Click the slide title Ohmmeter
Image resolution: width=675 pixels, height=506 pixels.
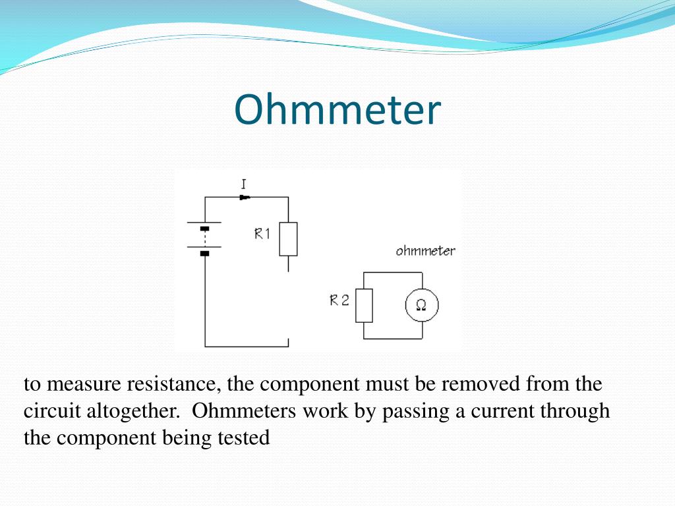click(337, 110)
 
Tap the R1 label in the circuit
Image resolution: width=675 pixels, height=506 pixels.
click(262, 233)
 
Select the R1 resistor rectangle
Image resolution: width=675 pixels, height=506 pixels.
click(288, 239)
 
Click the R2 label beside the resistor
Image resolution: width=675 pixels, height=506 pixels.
click(339, 301)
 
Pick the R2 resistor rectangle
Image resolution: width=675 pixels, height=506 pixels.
click(364, 306)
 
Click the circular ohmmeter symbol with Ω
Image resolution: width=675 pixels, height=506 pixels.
click(421, 306)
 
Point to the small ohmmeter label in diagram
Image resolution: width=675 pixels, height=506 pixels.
click(425, 251)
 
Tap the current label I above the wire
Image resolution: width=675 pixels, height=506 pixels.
click(244, 184)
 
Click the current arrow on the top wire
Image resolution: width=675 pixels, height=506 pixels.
click(245, 197)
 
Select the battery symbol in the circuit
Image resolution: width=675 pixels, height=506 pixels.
click(204, 238)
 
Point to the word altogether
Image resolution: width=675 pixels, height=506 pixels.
click(132, 411)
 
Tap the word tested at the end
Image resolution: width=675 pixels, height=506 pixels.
click(244, 438)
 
